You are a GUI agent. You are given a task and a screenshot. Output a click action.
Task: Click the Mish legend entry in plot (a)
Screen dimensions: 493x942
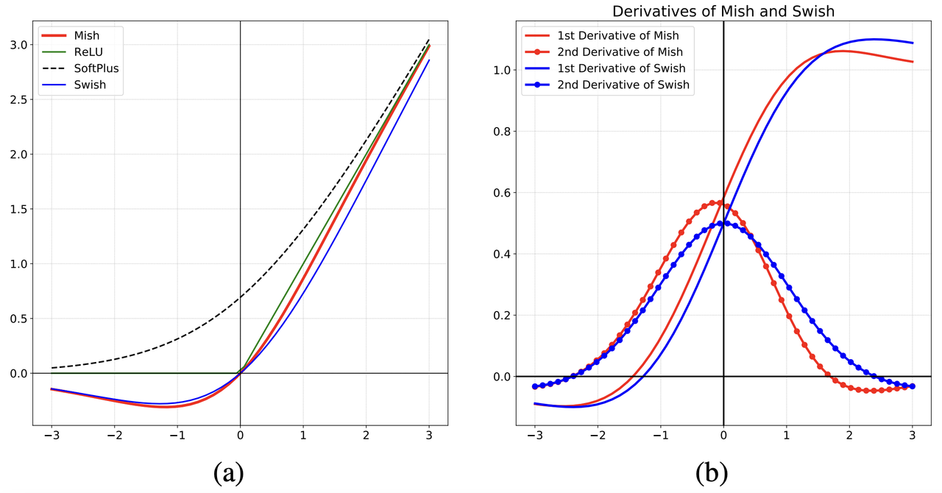pyautogui.click(x=86, y=35)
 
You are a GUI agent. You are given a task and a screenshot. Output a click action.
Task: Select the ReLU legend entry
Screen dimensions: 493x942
pyautogui.click(x=88, y=52)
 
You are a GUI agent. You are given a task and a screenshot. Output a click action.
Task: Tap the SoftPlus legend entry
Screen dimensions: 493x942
pyautogui.click(x=96, y=68)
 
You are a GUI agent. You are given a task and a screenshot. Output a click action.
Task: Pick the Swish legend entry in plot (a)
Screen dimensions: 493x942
pyautogui.click(x=90, y=85)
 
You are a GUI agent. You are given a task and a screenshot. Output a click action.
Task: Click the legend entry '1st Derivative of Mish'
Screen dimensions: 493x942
pyautogui.click(x=617, y=35)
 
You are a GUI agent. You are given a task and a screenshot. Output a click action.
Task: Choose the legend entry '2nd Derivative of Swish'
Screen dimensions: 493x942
pyautogui.click(x=623, y=85)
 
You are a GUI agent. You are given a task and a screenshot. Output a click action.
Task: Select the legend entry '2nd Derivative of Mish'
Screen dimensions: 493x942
pyautogui.click(x=620, y=52)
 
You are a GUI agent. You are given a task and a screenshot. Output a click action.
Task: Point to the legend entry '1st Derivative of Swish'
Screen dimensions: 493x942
pyautogui.click(x=620, y=68)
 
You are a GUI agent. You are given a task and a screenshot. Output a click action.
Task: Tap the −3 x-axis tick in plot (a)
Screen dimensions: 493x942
pyautogui.click(x=51, y=436)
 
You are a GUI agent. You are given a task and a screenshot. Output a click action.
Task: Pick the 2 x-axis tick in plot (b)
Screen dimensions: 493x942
pyautogui.click(x=849, y=436)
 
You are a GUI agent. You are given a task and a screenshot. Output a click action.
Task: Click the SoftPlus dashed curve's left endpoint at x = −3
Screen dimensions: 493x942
pyautogui.click(x=52, y=367)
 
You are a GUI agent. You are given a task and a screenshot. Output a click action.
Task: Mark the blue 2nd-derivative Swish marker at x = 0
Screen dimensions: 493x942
pyautogui.click(x=723, y=223)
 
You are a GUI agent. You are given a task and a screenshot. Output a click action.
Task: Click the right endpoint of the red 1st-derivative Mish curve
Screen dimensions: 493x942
pyautogui.click(x=913, y=62)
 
